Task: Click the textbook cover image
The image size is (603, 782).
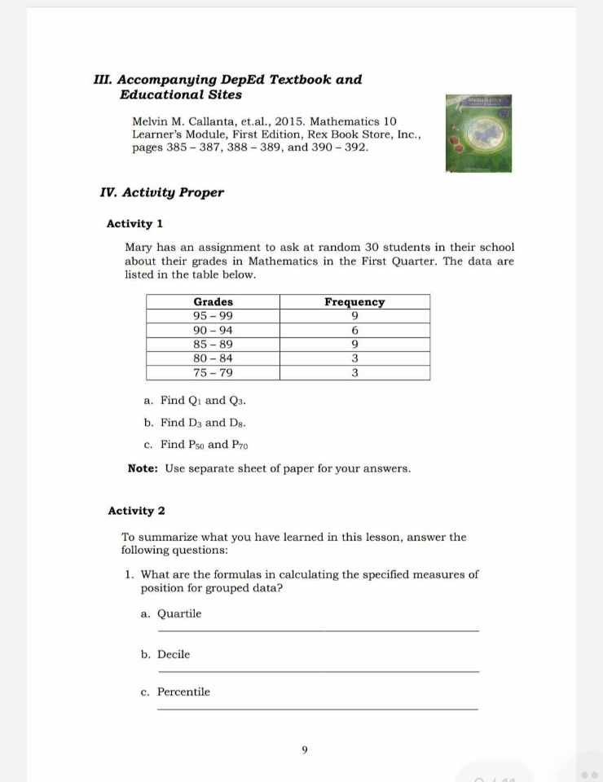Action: point(484,134)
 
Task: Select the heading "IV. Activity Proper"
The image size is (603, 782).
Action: point(161,193)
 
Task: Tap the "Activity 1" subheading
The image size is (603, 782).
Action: point(135,224)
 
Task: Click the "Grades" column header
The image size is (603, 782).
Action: point(213,301)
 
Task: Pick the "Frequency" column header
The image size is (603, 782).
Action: point(354,301)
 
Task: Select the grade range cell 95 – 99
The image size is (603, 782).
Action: point(213,316)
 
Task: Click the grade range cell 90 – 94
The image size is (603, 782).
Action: point(213,331)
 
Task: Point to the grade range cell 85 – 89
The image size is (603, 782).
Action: point(213,345)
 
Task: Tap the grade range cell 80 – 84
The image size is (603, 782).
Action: point(213,358)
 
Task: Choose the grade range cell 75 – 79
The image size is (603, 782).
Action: point(213,373)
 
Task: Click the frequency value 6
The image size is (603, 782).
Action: point(354,331)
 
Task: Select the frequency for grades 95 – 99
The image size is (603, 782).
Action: point(354,316)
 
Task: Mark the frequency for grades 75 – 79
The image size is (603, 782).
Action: point(354,373)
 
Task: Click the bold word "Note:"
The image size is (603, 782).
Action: point(144,469)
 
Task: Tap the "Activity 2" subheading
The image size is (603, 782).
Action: point(136,512)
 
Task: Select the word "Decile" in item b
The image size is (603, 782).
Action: point(174,654)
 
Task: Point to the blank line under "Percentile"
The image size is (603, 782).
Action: point(318,709)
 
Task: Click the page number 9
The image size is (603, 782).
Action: point(304,750)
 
